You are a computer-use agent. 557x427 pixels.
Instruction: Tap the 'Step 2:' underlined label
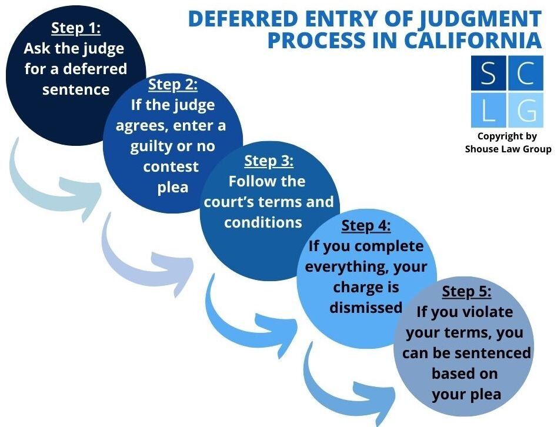tap(173, 85)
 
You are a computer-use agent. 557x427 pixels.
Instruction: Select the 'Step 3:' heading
tap(269, 161)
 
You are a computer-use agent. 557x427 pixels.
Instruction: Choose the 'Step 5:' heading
tap(466, 292)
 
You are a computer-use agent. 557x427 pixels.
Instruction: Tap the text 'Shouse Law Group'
tap(508, 149)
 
